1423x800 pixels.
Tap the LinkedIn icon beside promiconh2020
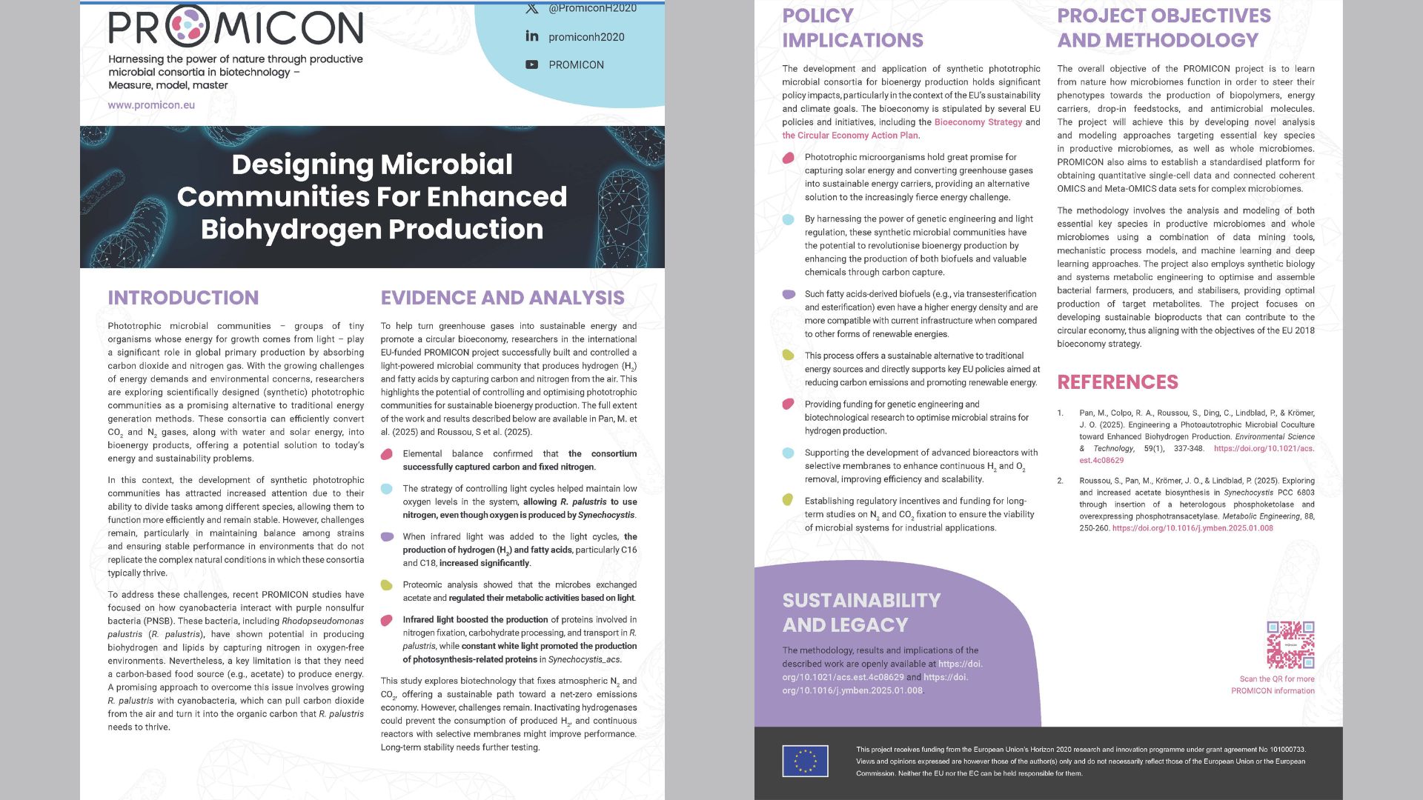point(532,36)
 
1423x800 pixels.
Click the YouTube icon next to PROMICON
point(532,64)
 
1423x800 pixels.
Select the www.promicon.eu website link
point(151,105)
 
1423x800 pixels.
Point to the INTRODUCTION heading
point(183,298)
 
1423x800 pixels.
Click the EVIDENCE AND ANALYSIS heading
point(502,298)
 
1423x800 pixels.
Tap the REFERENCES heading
point(1117,382)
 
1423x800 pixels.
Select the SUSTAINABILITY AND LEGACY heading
point(861,613)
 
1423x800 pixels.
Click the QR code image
point(1290,645)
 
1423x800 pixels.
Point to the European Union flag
point(805,761)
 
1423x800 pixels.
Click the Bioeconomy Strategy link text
point(978,122)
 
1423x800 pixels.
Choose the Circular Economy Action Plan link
point(850,136)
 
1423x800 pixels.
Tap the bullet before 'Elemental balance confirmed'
point(387,454)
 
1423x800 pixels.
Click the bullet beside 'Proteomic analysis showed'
point(387,585)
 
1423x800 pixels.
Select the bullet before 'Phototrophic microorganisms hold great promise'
point(789,158)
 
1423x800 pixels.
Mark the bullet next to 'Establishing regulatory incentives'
point(789,500)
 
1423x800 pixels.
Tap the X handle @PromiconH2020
point(591,8)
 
